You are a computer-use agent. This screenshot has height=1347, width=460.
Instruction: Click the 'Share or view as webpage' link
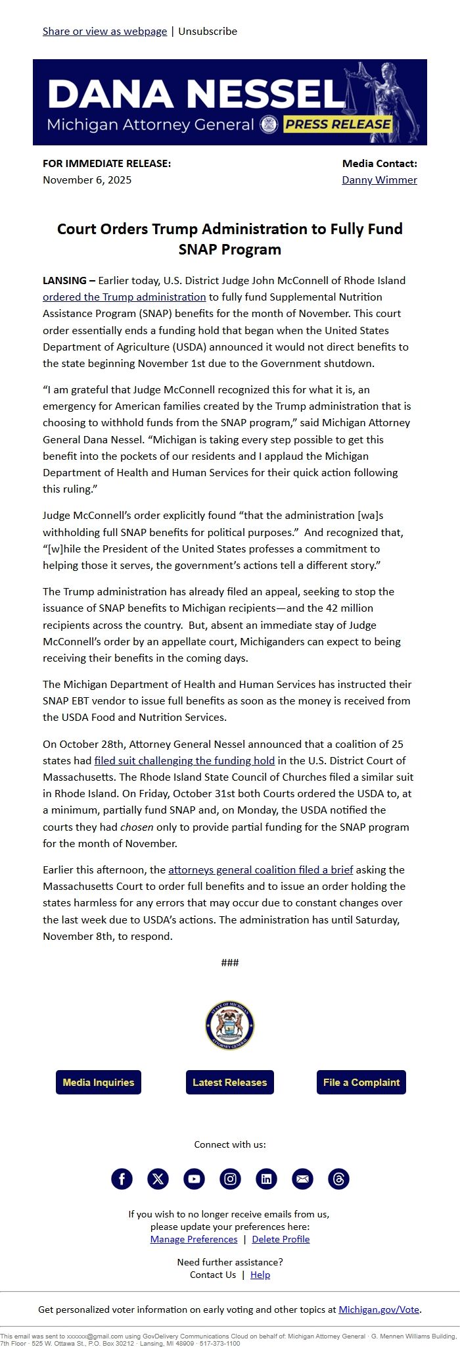104,31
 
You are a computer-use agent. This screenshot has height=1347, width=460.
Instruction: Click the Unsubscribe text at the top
208,31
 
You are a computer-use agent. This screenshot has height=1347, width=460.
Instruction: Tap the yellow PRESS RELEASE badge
338,124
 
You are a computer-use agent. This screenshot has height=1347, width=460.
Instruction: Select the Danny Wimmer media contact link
379,180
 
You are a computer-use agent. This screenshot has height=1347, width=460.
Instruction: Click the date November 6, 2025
87,180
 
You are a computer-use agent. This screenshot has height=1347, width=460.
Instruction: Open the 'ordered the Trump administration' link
124,297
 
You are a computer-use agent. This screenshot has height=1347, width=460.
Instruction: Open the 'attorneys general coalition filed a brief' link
260,869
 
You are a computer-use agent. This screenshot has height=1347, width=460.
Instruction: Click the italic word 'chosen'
137,827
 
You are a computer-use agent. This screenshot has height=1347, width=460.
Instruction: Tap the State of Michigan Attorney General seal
230,1025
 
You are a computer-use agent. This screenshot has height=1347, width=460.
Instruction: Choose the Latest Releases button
230,1082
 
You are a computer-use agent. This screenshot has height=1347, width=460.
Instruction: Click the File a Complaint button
361,1082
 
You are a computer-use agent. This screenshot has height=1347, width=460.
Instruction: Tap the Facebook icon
122,1179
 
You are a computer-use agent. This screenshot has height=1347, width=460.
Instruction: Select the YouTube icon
194,1179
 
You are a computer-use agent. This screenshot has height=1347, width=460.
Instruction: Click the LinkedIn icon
266,1179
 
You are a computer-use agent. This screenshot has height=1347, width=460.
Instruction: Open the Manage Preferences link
194,1239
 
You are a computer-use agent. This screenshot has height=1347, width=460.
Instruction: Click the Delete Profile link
281,1239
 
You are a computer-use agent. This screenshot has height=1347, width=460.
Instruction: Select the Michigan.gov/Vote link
379,1310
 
